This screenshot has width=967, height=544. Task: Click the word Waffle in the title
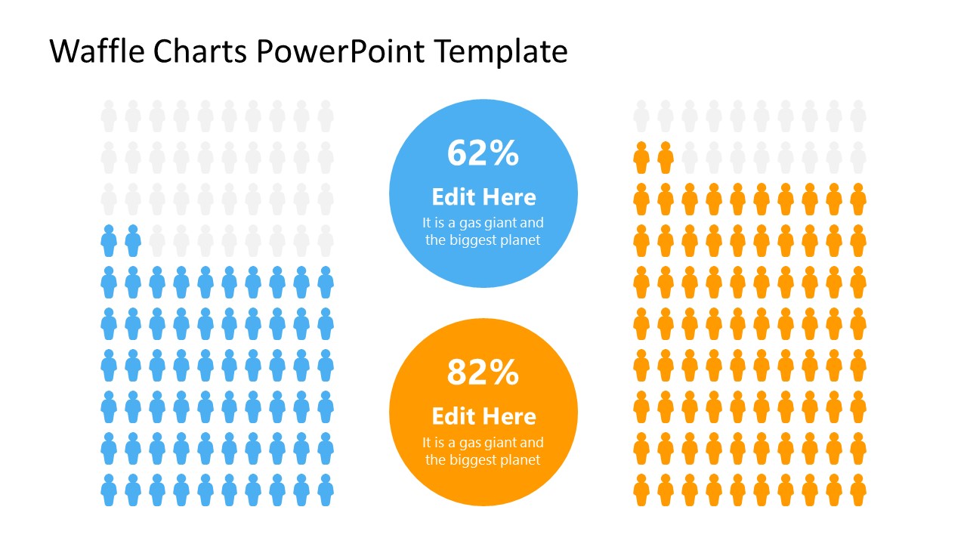[97, 51]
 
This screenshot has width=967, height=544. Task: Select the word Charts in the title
[200, 51]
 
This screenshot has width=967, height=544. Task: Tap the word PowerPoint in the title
[341, 51]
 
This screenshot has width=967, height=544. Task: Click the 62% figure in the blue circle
[483, 153]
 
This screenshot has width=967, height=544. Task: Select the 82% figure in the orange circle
[483, 372]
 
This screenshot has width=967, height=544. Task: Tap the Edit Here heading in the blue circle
[484, 197]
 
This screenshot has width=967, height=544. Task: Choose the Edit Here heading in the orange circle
[484, 416]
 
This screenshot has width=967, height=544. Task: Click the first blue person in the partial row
[109, 241]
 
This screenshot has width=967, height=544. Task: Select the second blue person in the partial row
[133, 241]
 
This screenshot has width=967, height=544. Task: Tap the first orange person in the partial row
[641, 158]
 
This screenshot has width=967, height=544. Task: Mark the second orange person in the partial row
[666, 158]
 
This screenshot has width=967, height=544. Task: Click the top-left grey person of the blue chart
[109, 116]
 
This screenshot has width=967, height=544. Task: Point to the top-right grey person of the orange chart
[858, 116]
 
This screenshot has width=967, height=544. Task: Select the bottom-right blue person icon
[326, 490]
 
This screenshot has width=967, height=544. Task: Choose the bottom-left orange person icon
[641, 490]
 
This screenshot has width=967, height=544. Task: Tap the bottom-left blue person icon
[109, 490]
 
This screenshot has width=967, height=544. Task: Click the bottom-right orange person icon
[858, 490]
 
